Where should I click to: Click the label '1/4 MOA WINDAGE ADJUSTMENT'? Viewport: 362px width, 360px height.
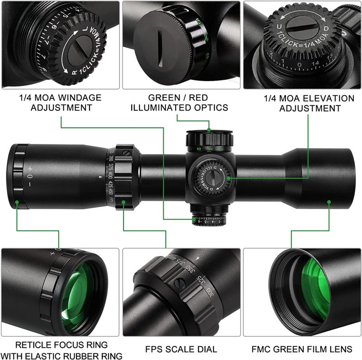coord(60,103)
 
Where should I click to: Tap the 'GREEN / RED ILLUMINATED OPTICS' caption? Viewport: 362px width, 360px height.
coord(181,103)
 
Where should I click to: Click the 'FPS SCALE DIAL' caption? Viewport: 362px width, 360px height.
coord(181,349)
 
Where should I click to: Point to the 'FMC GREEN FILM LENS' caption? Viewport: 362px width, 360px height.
coord(302,349)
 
